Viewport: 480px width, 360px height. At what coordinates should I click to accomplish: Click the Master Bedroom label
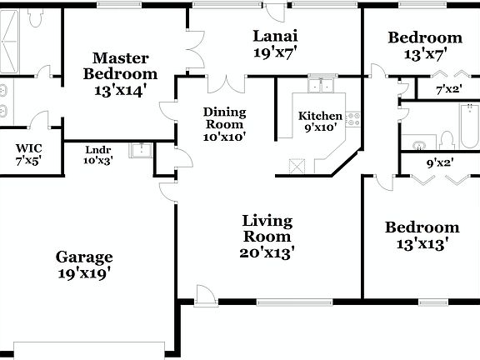click(x=121, y=74)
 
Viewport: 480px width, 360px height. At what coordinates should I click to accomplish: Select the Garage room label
click(x=84, y=264)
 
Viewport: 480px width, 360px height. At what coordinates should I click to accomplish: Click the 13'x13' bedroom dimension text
click(x=422, y=244)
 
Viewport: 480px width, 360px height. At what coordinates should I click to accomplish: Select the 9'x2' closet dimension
click(x=439, y=163)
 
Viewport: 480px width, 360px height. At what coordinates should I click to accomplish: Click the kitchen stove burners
click(x=353, y=120)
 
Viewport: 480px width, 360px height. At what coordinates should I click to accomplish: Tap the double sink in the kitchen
click(x=319, y=85)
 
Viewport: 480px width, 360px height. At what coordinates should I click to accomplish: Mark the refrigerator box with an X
click(x=296, y=166)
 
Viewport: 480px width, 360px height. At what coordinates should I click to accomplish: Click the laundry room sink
click(x=143, y=151)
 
